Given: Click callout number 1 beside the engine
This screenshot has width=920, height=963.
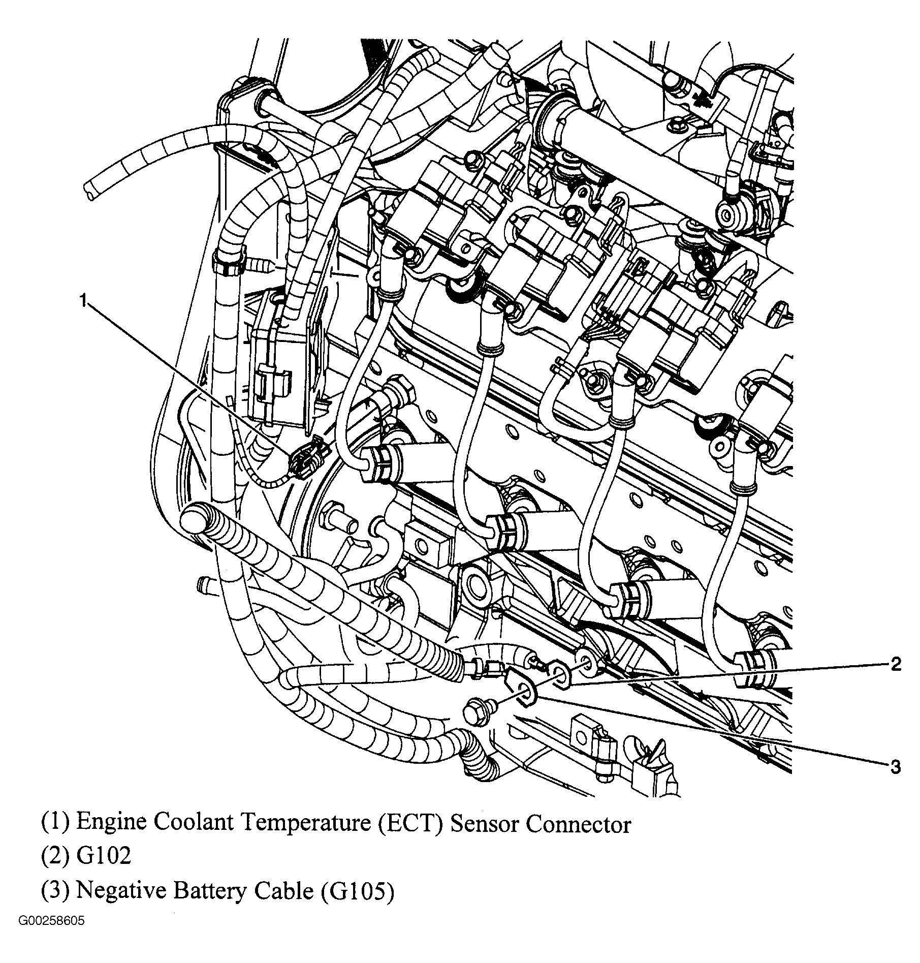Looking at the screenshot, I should pyautogui.click(x=83, y=301).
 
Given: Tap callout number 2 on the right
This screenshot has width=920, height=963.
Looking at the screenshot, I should pyautogui.click(x=896, y=664).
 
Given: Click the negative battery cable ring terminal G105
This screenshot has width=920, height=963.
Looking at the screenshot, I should pyautogui.click(x=526, y=693).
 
